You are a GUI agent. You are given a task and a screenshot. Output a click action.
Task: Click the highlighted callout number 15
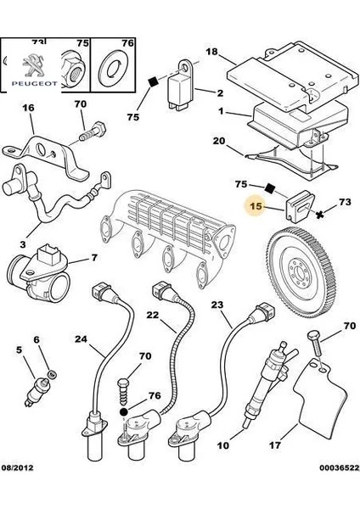[x=256, y=205]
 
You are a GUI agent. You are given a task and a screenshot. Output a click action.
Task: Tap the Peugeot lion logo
[x=33, y=65]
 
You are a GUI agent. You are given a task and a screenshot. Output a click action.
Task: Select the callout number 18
[x=212, y=52]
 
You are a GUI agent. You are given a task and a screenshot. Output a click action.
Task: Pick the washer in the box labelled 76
[x=112, y=70]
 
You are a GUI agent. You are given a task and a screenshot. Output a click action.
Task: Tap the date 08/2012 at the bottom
[x=18, y=467]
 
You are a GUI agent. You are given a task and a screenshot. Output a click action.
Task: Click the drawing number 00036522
[x=340, y=467]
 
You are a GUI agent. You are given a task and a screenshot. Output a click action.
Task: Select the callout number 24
[x=81, y=339]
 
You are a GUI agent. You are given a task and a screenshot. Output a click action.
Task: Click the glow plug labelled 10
[x=266, y=384]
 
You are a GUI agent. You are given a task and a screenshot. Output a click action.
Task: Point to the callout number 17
[x=275, y=445]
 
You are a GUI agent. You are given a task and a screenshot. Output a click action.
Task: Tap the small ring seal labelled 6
[x=51, y=374]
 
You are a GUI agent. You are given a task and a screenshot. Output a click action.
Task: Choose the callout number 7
[x=94, y=258]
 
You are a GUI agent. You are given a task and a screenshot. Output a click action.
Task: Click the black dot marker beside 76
[x=123, y=412]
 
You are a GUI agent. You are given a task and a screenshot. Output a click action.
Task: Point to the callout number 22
[x=152, y=315]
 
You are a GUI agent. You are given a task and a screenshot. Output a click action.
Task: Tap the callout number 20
[x=219, y=141]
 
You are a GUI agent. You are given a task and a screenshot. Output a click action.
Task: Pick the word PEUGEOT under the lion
[x=35, y=83]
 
